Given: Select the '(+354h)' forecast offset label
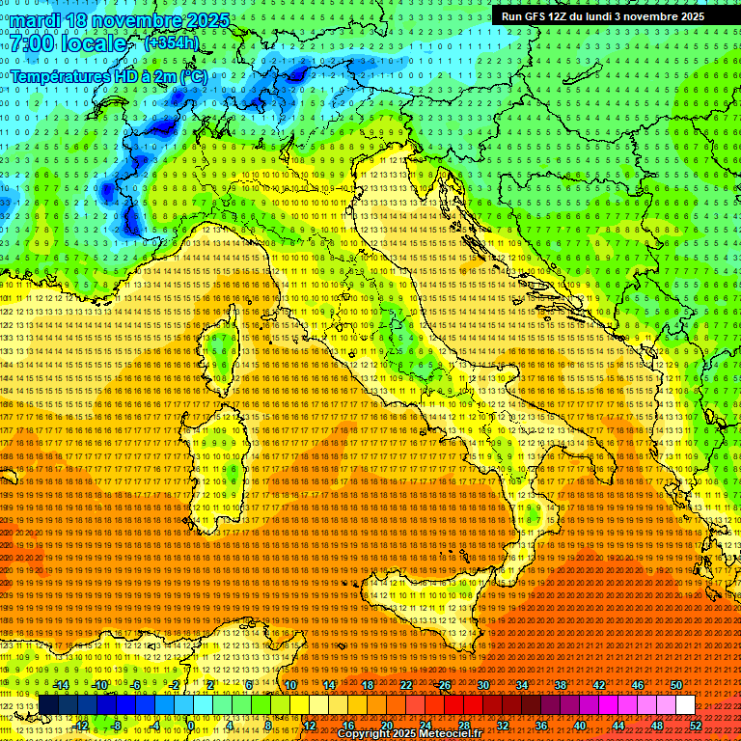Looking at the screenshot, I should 171,42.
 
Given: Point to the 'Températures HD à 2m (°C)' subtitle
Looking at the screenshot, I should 109,76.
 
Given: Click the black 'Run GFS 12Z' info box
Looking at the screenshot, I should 601,16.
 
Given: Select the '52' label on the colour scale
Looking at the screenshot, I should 695,725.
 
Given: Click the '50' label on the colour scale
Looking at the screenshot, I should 675,685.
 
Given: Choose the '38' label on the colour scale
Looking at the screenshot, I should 561,685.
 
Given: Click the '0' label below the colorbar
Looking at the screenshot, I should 193,725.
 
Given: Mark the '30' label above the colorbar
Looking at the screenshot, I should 483,685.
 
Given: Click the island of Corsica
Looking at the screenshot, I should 223,351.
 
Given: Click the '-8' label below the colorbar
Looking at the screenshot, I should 117,725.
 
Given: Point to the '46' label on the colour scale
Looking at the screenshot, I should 638,685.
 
